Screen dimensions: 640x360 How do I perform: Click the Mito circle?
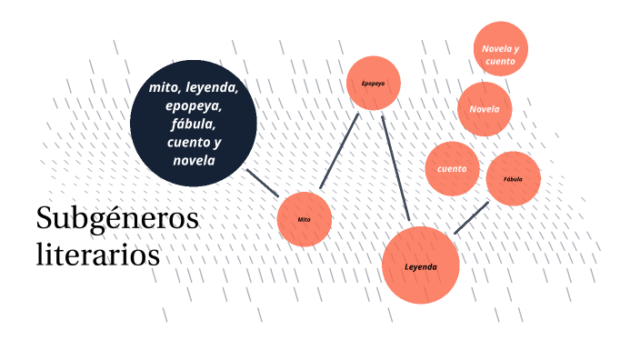[304, 219]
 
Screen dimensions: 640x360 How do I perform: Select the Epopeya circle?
[373, 84]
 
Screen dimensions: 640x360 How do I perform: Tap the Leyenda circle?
[420, 265]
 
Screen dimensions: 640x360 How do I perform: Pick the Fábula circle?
[513, 179]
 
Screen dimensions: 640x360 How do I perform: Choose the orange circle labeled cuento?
[452, 169]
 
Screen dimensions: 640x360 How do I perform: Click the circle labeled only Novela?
[485, 109]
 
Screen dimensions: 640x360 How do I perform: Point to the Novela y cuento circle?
[501, 54]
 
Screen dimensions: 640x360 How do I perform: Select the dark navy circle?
[193, 124]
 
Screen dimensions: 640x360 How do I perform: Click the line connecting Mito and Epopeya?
[340, 153]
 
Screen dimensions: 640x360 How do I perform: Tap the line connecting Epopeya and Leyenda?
[396, 169]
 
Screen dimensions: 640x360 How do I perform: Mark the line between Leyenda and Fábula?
[471, 218]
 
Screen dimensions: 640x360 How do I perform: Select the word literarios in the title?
[97, 254]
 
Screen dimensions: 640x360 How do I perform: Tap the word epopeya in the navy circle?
[193, 106]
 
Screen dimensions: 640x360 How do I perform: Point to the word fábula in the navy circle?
[193, 125]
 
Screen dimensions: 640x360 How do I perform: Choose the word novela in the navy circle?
[193, 161]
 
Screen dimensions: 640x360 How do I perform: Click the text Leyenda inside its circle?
[421, 267]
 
